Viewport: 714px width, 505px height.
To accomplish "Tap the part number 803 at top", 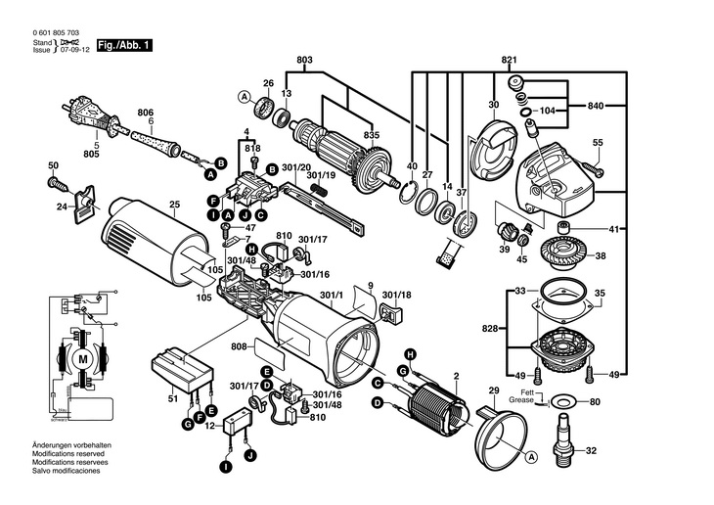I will (x=305, y=62).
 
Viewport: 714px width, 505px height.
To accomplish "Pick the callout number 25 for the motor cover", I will (x=175, y=205).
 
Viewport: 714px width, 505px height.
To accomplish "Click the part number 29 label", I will (x=493, y=391).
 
